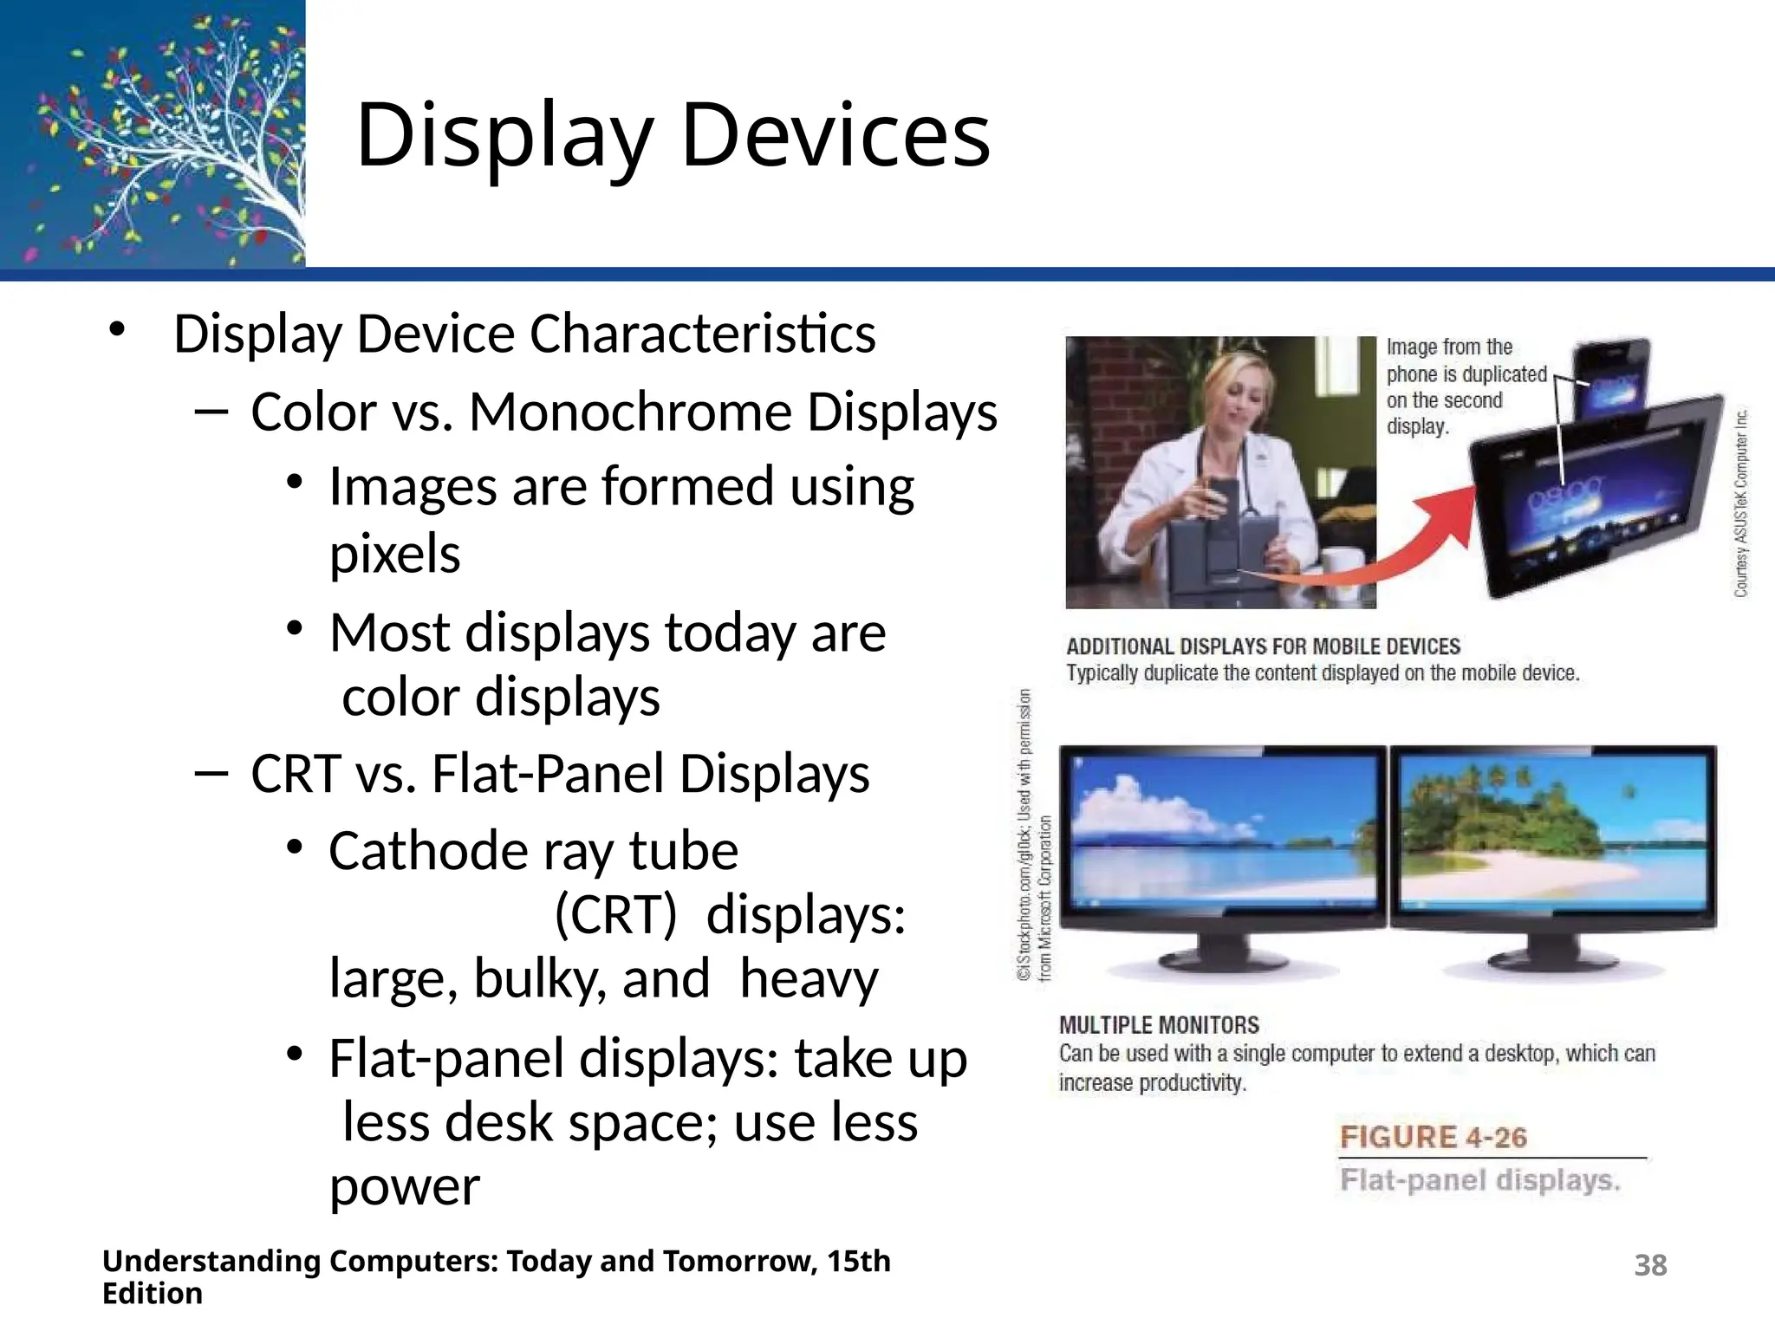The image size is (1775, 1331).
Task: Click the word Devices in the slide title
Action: (835, 135)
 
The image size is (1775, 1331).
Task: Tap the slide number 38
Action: (1650, 1266)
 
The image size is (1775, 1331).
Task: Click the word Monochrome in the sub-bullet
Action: (630, 412)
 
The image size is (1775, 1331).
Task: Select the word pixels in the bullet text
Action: (394, 555)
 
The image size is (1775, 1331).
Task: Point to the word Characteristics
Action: (702, 334)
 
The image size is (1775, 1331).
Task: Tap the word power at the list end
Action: (404, 1187)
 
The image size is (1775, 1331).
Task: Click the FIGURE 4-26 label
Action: (1433, 1138)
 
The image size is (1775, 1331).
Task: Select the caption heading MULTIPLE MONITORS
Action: (1159, 1025)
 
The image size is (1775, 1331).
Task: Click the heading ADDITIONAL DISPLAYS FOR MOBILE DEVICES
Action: (1263, 646)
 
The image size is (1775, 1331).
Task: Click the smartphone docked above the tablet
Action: (1610, 381)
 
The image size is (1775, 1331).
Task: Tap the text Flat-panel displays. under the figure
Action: (1479, 1181)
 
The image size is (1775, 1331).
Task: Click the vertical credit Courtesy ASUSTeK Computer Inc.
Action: (1740, 503)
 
